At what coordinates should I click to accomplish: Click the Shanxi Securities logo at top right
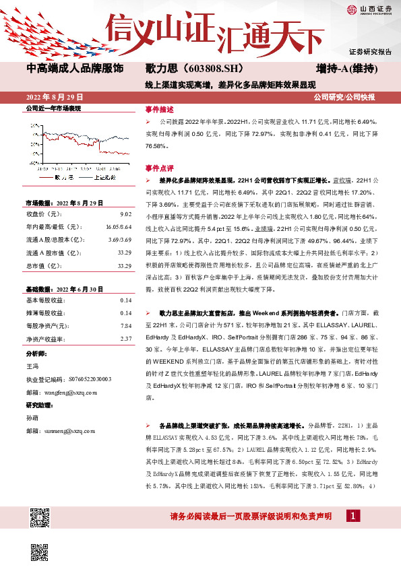[369, 9]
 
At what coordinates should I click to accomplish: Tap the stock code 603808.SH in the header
[202, 69]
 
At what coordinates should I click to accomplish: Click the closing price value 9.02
[125, 213]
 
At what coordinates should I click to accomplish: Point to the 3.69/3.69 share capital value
[119, 240]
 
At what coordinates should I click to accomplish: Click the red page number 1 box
[352, 516]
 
